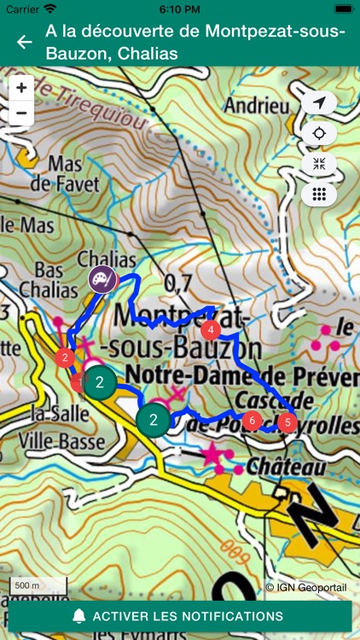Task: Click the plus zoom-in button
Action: pyautogui.click(x=21, y=87)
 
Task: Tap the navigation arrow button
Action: pyautogui.click(x=319, y=103)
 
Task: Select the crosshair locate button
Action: pyautogui.click(x=319, y=134)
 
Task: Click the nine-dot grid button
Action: pyautogui.click(x=319, y=194)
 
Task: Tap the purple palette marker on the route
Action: pyautogui.click(x=102, y=278)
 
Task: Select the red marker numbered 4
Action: pyautogui.click(x=211, y=330)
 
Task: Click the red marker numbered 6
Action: pyautogui.click(x=251, y=420)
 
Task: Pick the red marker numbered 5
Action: pyautogui.click(x=288, y=422)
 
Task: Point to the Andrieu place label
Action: pyautogui.click(x=255, y=106)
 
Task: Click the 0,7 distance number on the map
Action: pyautogui.click(x=177, y=282)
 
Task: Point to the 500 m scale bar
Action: pyautogui.click(x=38, y=586)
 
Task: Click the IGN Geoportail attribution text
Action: pyautogui.click(x=305, y=587)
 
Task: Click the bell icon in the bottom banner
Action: pyautogui.click(x=79, y=615)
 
